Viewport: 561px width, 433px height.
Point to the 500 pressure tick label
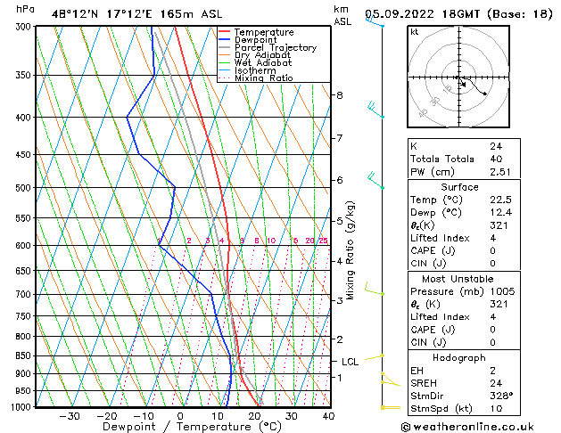click(x=22, y=188)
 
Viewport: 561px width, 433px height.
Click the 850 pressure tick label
click(x=22, y=355)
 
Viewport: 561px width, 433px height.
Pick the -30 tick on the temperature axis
click(x=69, y=416)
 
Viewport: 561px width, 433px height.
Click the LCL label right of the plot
click(x=350, y=362)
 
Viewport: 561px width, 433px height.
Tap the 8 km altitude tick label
click(x=339, y=95)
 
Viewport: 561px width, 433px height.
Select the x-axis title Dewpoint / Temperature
click(x=180, y=427)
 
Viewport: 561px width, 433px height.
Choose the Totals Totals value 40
click(x=496, y=159)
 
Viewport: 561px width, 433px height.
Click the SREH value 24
click(x=496, y=383)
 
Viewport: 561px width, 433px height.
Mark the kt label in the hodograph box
click(x=414, y=32)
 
